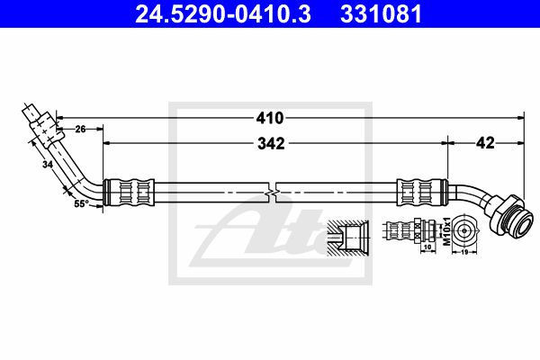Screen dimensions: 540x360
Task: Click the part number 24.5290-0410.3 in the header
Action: coord(223,13)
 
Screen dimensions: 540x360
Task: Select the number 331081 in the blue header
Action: coord(381,13)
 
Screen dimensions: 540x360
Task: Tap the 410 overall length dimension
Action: coord(270,118)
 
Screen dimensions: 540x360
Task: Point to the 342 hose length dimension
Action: coord(272,144)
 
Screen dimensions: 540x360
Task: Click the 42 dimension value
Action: coord(485,142)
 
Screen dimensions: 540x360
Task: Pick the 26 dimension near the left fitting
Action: coord(80,130)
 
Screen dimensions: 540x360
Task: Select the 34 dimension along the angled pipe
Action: coord(48,165)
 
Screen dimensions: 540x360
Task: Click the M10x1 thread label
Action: coord(446,231)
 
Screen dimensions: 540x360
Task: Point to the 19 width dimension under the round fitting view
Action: coord(464,252)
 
